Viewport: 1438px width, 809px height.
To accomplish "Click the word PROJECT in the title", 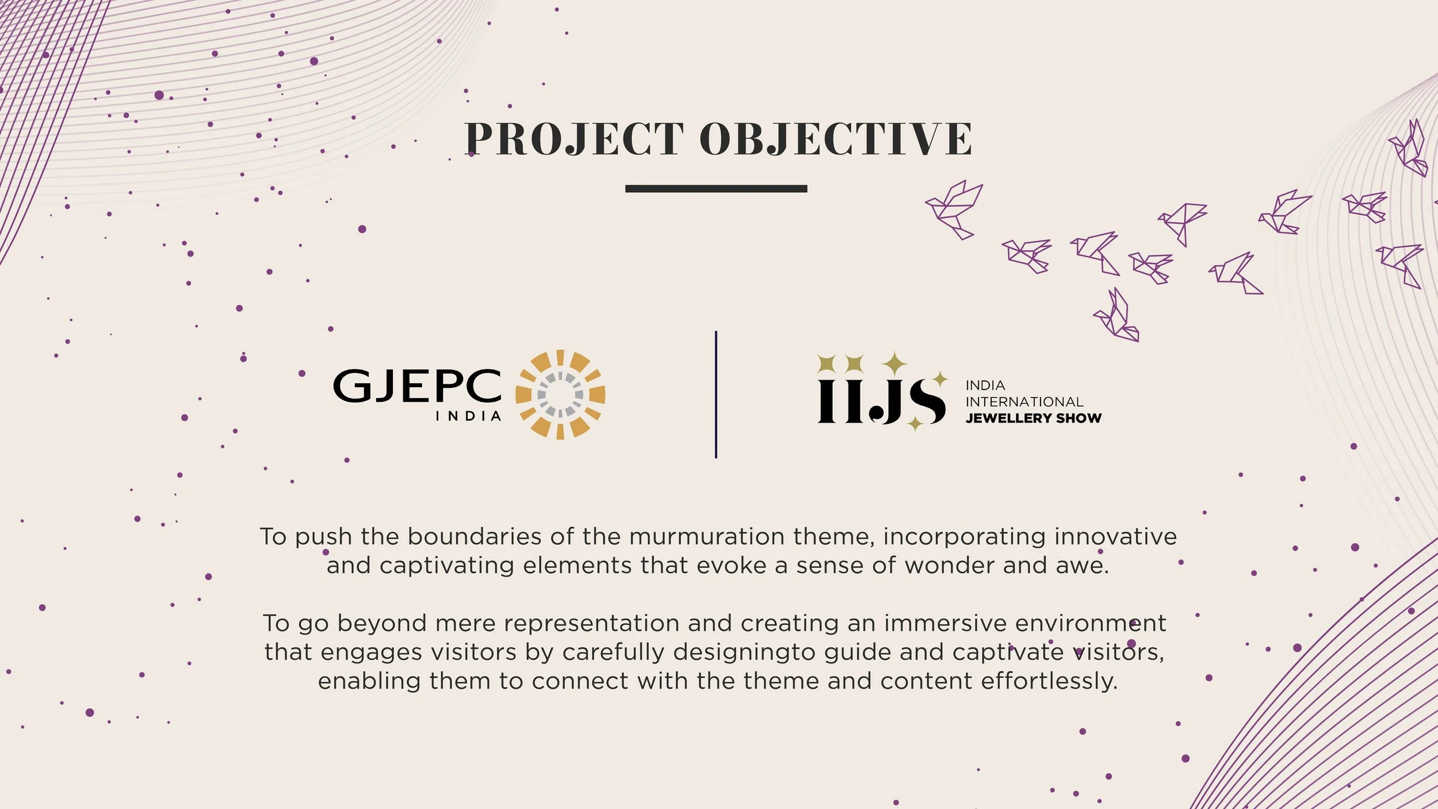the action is [x=574, y=139].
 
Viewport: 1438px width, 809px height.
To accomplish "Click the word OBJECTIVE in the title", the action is [x=836, y=139].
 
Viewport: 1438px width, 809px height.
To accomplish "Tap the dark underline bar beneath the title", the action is [x=716, y=189].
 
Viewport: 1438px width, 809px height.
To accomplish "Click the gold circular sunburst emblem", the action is [x=560, y=395].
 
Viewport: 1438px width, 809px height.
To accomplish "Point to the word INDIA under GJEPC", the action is [x=468, y=416].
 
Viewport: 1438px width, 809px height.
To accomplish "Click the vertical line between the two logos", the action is [x=716, y=395].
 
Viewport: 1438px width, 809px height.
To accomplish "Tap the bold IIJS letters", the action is [x=881, y=400].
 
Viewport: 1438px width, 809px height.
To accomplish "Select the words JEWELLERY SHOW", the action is [x=1034, y=418].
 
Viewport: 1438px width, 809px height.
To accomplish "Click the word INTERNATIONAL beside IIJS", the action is [x=1024, y=402].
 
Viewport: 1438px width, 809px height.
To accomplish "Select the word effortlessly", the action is [x=1049, y=682].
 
